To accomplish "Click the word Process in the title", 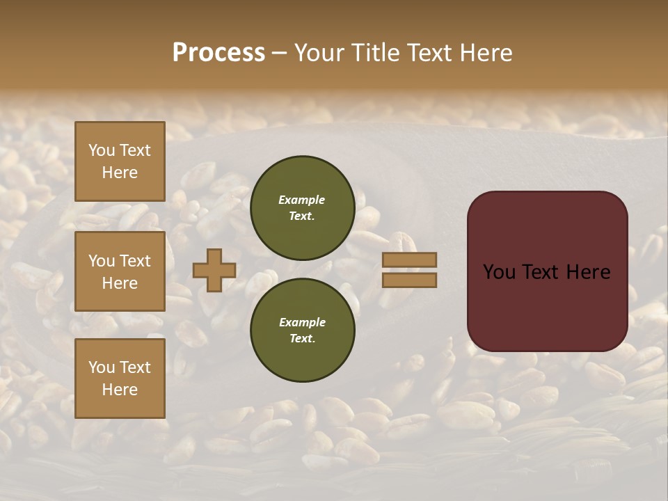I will pos(218,53).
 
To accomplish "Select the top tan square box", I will pos(120,161).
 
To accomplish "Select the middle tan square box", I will pos(120,271).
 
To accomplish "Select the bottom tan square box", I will pos(120,378).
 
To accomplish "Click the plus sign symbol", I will pos(214,270).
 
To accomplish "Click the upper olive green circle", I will pos(302,208).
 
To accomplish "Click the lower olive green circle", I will pos(302,331).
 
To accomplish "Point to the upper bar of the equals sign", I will pos(409,260).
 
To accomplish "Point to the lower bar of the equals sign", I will pos(409,280).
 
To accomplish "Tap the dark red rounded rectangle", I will pos(547,306).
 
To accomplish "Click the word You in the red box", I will pos(499,272).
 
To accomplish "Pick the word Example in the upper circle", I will pos(302,200).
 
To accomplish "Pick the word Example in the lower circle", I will pos(302,322).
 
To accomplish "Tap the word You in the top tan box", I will pos(102,150).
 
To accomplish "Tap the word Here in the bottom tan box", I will pos(120,390).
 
